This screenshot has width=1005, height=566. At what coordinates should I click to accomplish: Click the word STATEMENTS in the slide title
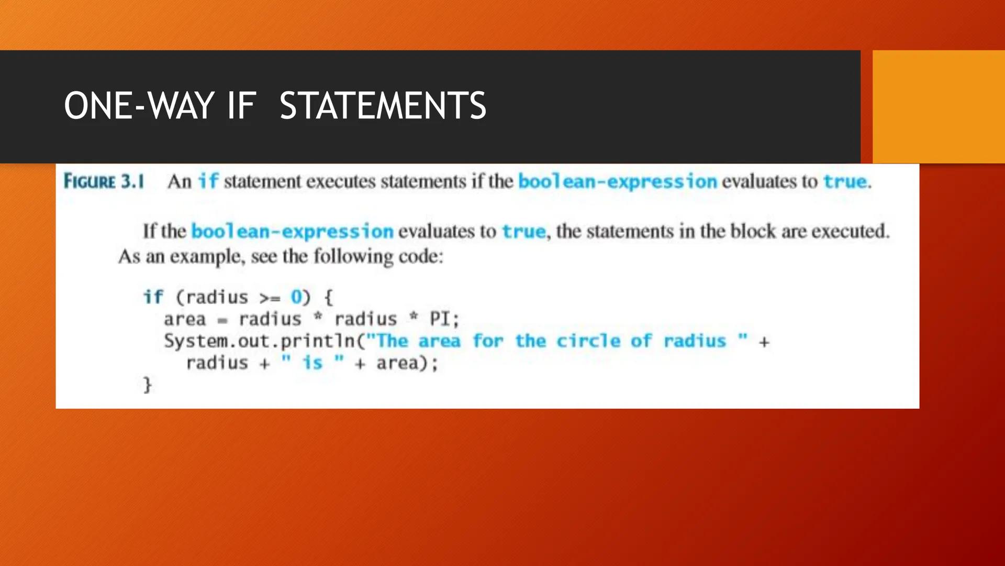pyautogui.click(x=383, y=106)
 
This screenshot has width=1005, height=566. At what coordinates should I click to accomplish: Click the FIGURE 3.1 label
pyautogui.click(x=104, y=181)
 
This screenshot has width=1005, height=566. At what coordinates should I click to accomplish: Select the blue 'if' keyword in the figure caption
pyautogui.click(x=208, y=181)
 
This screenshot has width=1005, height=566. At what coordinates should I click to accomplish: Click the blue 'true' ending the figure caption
pyautogui.click(x=845, y=181)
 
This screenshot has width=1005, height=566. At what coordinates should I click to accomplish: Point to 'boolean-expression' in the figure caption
pyautogui.click(x=617, y=181)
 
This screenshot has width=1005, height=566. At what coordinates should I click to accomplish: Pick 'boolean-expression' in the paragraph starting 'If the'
pyautogui.click(x=292, y=231)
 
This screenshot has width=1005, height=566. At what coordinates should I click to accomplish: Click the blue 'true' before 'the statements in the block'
pyautogui.click(x=523, y=231)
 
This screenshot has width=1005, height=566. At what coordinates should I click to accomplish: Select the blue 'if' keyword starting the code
pyautogui.click(x=153, y=297)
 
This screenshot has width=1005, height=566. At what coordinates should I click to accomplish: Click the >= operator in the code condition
pyautogui.click(x=270, y=298)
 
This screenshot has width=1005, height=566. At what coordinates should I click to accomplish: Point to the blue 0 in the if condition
pyautogui.click(x=296, y=297)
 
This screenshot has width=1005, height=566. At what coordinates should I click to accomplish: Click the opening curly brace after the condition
pyautogui.click(x=328, y=298)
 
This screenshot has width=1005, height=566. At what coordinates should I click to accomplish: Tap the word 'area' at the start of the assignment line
pyautogui.click(x=185, y=319)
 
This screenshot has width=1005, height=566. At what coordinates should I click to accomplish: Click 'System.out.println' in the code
pyautogui.click(x=260, y=341)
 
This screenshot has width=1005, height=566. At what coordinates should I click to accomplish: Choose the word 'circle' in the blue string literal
pyautogui.click(x=588, y=341)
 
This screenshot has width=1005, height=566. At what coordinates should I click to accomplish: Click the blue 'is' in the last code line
pyautogui.click(x=312, y=363)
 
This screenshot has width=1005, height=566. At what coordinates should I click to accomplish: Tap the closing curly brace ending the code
pyautogui.click(x=148, y=385)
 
